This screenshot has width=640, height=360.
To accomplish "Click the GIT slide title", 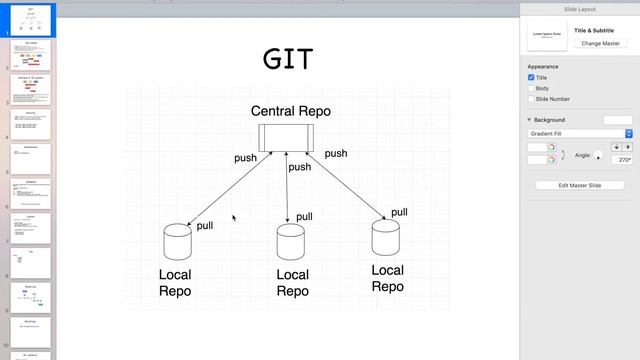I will [x=288, y=58].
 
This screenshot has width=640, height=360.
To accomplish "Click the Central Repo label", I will [x=290, y=111].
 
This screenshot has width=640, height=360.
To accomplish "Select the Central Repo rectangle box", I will [x=288, y=137].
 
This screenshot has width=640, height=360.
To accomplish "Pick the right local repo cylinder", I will [x=386, y=238].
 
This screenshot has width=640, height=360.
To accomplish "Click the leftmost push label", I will [x=245, y=158].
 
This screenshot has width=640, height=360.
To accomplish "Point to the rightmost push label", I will [x=336, y=153].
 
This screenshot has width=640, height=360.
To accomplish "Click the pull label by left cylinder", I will [x=205, y=226].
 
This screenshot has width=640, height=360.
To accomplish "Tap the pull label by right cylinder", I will [x=399, y=212].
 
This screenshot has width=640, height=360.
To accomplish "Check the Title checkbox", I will [x=531, y=77].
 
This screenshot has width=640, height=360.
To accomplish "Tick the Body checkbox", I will [x=531, y=88].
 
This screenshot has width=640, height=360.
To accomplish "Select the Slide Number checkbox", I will [x=531, y=99].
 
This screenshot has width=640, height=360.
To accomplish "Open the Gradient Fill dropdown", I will [x=580, y=133].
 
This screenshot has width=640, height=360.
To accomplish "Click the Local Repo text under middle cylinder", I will [x=292, y=283].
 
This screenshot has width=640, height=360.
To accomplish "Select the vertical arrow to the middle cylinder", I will [x=288, y=190].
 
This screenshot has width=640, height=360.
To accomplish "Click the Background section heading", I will [x=550, y=120].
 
